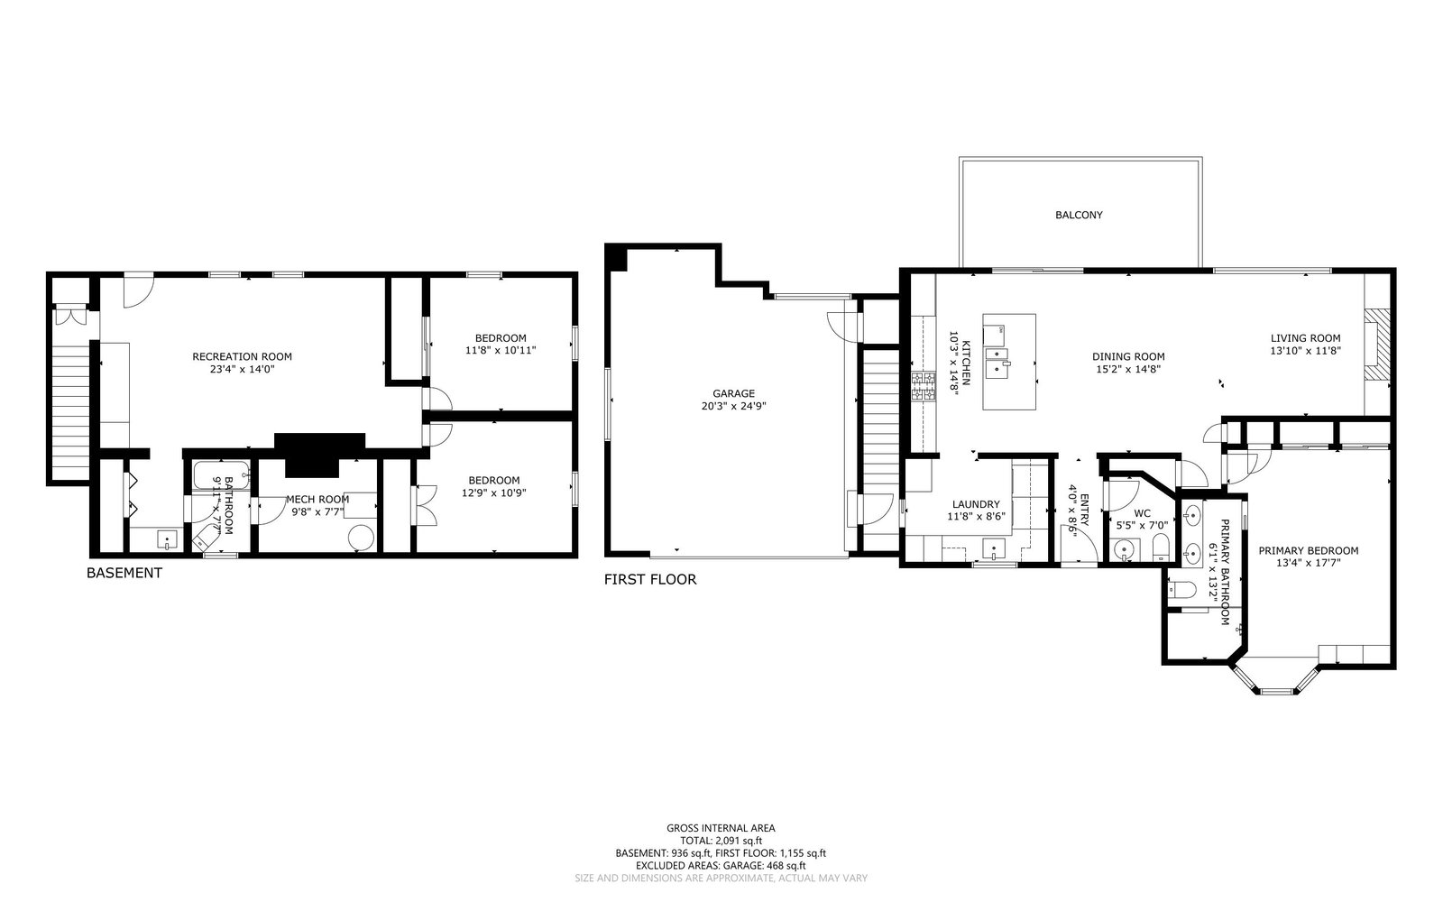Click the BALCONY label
[1079, 216]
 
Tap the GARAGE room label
[733, 393]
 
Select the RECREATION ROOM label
[243, 357]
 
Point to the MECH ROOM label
[317, 500]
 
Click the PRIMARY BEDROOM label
[1309, 551]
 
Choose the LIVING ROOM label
[1306, 338]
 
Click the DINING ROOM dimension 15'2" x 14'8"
[1128, 370]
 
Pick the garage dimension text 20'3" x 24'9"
[733, 407]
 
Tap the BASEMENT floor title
[124, 573]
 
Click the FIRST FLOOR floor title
[650, 579]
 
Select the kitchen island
[1009, 362]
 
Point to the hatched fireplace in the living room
[1376, 346]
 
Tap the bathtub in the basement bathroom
[222, 475]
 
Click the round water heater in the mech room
[361, 538]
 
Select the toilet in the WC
[1160, 548]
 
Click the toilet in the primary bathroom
[1182, 589]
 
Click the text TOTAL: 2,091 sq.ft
[721, 841]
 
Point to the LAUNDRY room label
[976, 504]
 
